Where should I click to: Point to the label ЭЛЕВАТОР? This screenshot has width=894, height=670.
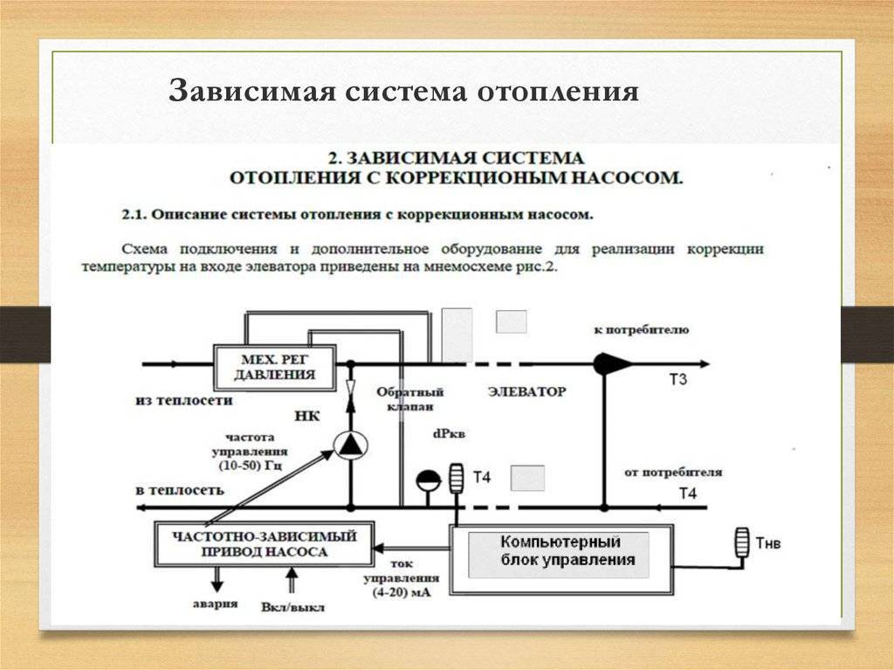(x=526, y=391)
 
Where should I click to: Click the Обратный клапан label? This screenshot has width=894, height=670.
(x=410, y=399)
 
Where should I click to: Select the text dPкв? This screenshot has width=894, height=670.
(x=449, y=434)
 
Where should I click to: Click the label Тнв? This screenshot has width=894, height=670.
(x=768, y=542)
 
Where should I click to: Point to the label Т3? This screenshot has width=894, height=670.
(x=677, y=379)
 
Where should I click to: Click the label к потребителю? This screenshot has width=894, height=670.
(x=642, y=330)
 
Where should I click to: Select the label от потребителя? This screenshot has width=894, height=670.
(x=673, y=473)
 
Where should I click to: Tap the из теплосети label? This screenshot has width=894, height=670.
(x=184, y=400)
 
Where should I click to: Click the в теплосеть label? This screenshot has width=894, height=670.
(x=180, y=490)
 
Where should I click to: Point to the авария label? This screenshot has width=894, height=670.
(x=215, y=604)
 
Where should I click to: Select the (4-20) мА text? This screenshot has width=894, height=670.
(x=402, y=592)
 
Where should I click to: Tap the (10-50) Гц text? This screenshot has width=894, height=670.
(x=251, y=465)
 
